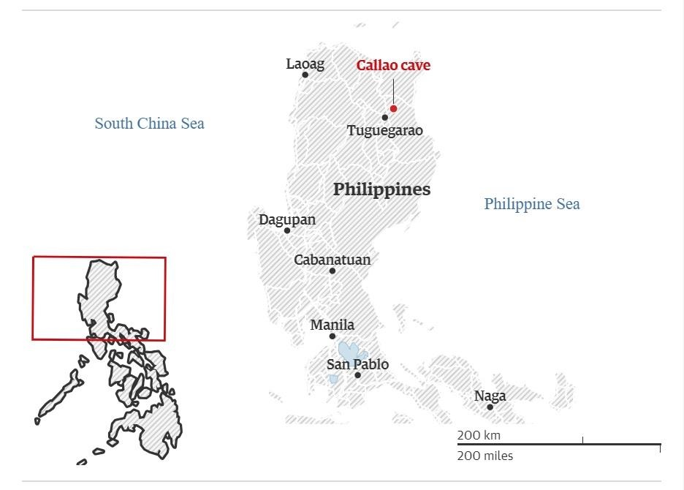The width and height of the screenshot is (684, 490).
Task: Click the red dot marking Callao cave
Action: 393,108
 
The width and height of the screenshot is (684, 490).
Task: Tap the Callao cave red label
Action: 393,65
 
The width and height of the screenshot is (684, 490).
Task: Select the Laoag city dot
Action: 305,75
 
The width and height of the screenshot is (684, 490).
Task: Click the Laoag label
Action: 305,64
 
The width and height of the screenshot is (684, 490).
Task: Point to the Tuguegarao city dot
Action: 385,118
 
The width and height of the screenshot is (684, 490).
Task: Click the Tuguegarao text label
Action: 384,131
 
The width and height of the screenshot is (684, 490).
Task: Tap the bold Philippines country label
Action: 381,189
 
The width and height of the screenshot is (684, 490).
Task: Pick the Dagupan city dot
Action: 287,231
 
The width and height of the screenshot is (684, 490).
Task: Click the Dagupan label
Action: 287,219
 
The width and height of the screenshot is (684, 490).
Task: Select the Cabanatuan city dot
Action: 332,271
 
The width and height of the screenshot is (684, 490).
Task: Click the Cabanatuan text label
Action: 332,260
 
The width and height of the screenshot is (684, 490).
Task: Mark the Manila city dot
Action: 332,336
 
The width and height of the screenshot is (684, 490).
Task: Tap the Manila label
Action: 332,325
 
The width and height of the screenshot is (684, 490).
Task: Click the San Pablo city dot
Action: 357,376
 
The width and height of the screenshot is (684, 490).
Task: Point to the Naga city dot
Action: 490,407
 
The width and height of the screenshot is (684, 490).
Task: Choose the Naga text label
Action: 490,396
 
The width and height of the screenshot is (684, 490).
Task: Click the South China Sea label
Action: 149,123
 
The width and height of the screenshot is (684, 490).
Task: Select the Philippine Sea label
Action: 531,203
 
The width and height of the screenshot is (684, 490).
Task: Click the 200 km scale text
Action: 479,436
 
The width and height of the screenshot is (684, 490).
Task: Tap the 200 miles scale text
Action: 485,456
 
